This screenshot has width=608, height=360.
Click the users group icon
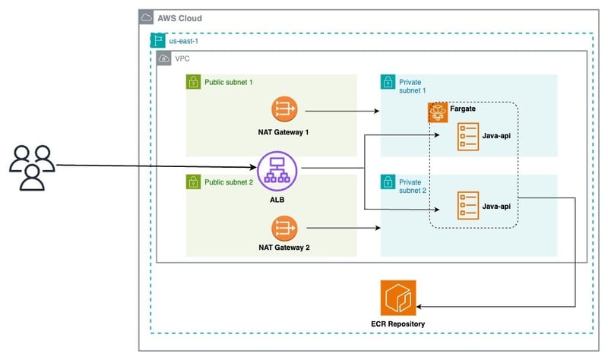coord(32,166)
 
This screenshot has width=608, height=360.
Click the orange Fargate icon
coord(438,112)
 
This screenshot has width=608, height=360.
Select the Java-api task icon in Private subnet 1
coord(467,137)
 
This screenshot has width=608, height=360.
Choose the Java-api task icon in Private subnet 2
coord(467,205)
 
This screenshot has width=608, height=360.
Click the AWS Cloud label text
coord(179,18)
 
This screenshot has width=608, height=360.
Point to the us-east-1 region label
coord(185,40)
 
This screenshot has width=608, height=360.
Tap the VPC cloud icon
coord(163,58)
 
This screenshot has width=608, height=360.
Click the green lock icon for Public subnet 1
coord(193,81)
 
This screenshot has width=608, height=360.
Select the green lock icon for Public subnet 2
coord(193,182)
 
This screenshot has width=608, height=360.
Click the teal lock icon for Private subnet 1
coord(387,81)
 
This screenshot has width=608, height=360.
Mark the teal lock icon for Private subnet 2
coord(387,182)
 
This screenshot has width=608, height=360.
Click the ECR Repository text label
coord(397,324)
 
